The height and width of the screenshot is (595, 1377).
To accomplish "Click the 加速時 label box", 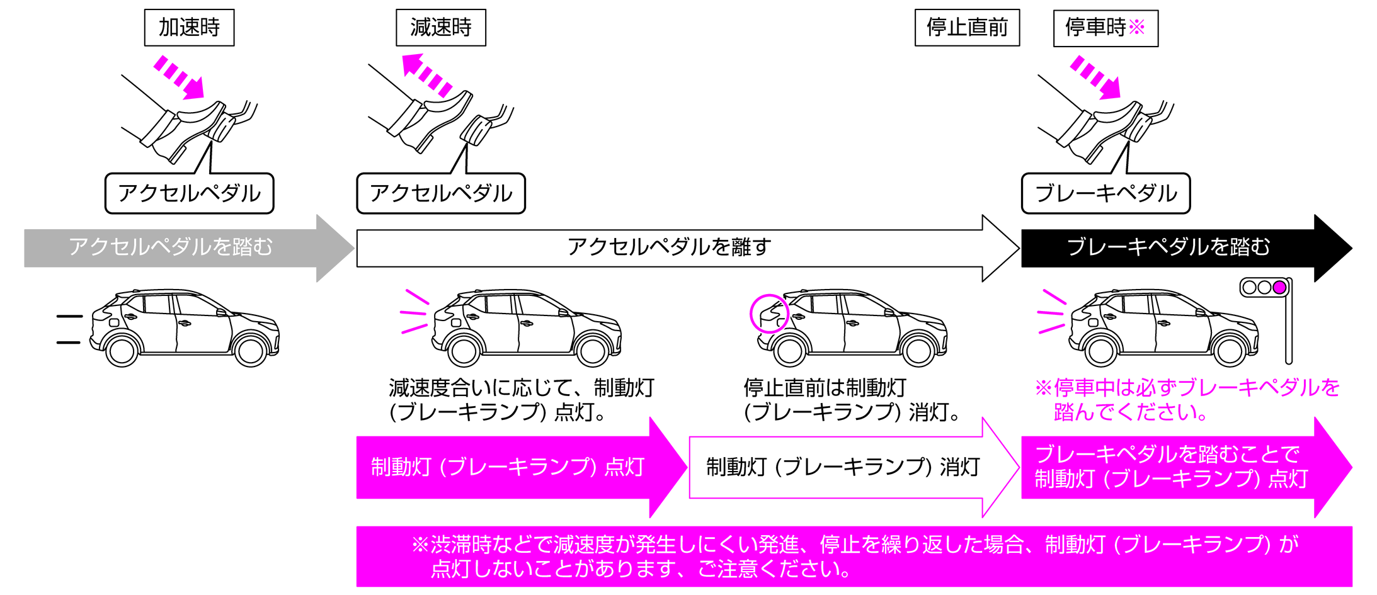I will [x=189, y=28].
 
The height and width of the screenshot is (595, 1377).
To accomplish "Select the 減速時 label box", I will [x=440, y=28].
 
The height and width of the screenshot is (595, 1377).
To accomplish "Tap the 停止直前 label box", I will [x=966, y=28].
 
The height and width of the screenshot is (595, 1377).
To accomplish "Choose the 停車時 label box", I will [x=1105, y=28].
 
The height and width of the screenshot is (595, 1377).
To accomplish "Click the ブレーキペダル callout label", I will [x=1106, y=193].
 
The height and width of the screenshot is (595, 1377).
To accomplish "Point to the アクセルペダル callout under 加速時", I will [x=189, y=193].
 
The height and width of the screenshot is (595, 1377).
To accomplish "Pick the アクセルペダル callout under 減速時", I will [x=440, y=193].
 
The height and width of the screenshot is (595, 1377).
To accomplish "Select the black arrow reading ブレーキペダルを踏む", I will [x=1169, y=247].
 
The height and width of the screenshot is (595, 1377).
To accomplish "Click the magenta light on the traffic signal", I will [x=1279, y=288].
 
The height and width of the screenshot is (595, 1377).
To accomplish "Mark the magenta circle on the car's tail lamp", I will [x=769, y=313].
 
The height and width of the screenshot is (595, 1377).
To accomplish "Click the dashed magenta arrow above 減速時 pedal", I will [x=427, y=75].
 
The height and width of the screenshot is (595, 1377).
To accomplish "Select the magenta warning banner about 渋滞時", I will [x=854, y=557].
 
